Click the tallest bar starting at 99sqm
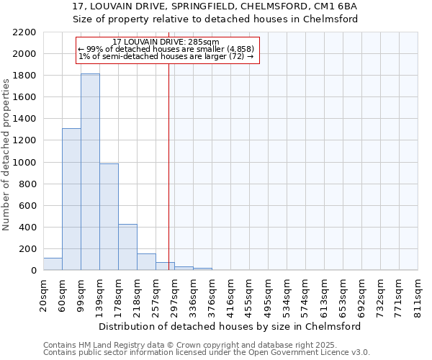pyautogui.click(x=90, y=172)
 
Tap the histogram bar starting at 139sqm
pyautogui.click(x=109, y=217)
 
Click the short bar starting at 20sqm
pyautogui.click(x=53, y=264)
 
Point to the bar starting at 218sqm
pyautogui.click(x=146, y=262)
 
